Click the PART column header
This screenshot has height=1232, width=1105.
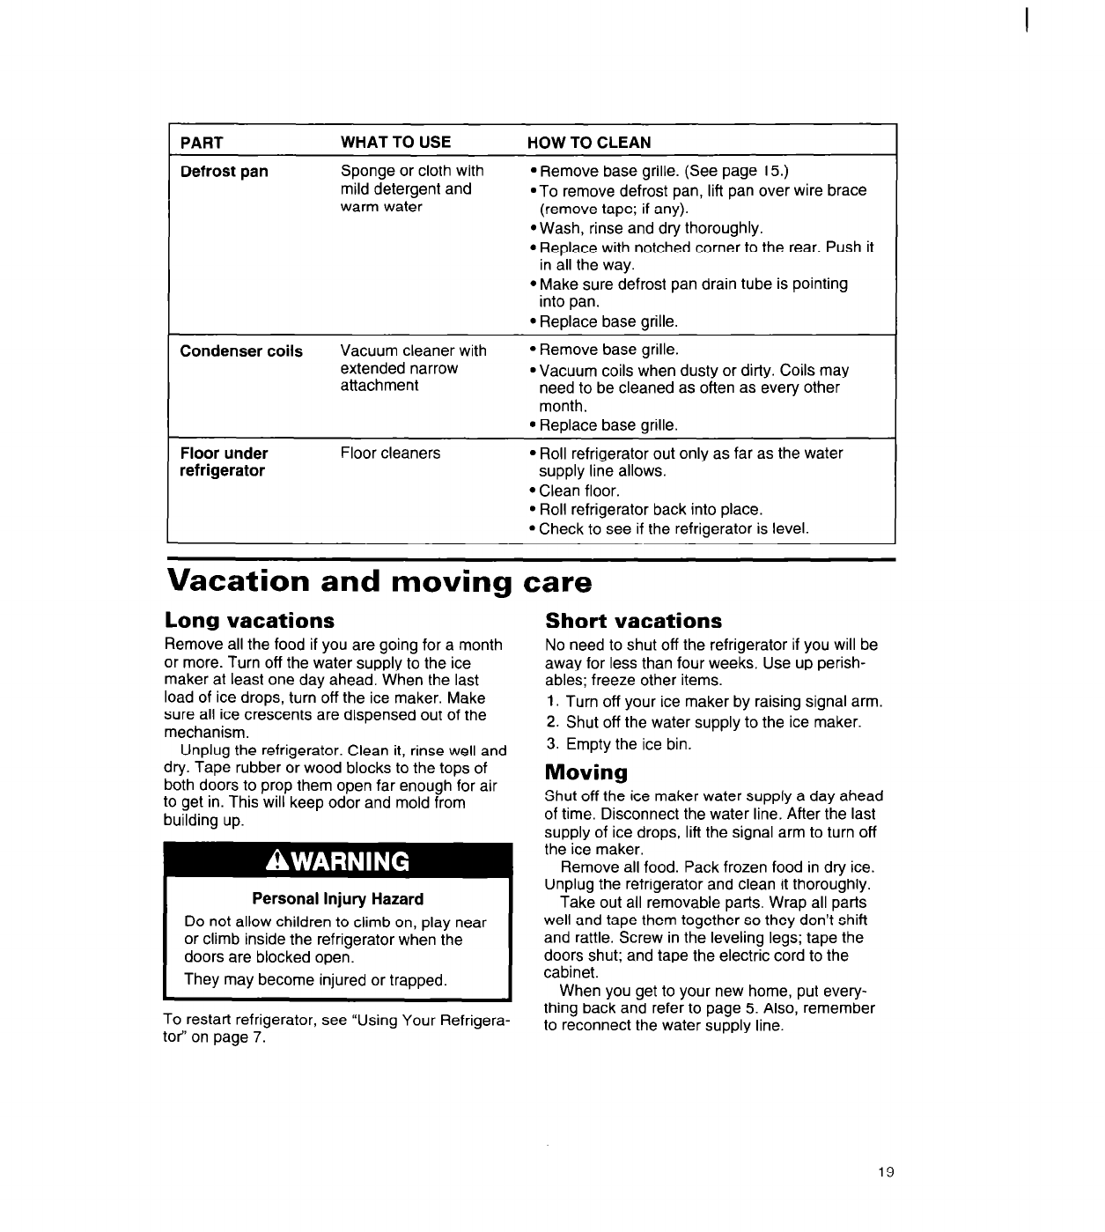(202, 143)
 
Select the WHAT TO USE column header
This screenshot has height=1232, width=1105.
(395, 143)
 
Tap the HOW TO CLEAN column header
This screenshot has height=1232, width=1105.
(589, 143)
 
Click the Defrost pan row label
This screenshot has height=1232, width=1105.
(224, 172)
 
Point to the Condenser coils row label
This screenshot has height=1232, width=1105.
(241, 351)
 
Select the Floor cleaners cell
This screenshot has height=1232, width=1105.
(390, 454)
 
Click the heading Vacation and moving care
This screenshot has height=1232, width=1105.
(379, 582)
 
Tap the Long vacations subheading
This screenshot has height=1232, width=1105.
(250, 621)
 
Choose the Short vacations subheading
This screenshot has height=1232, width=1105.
(633, 621)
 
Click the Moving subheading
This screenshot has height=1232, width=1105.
(586, 773)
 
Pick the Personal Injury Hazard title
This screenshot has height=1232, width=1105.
(338, 899)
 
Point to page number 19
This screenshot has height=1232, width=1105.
(886, 1171)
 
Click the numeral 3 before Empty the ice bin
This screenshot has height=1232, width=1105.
(551, 744)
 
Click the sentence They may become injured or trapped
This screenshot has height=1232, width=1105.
(315, 979)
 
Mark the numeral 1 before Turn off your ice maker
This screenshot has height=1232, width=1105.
(551, 702)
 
